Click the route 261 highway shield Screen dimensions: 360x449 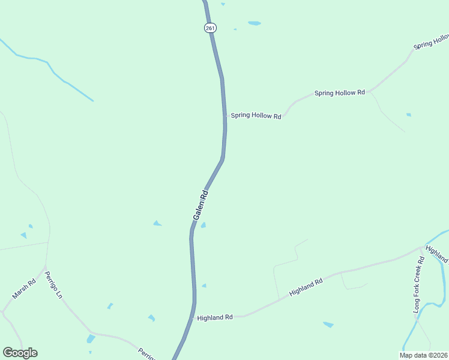tap(210, 28)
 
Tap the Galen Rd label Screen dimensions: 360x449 tap(200, 205)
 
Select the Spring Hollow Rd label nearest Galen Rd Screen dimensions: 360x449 tap(256, 116)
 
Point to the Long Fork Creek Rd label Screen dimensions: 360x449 tap(418, 284)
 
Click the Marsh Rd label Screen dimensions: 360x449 tap(25, 289)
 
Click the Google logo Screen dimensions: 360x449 tap(20, 353)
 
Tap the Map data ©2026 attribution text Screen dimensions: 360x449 tap(423, 355)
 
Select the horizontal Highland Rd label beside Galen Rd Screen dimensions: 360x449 tap(214, 317)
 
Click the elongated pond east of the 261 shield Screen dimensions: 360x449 tap(255, 23)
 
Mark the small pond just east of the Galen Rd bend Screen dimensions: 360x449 tap(203, 226)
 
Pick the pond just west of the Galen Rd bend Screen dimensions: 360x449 tap(157, 224)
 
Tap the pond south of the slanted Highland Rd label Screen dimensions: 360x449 tap(328, 325)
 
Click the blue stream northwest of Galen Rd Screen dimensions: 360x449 tap(54, 73)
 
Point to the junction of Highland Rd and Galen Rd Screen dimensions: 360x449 tap(194, 317)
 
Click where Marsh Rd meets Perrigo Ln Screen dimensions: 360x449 tap(45, 266)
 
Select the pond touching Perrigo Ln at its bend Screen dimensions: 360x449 tap(91, 339)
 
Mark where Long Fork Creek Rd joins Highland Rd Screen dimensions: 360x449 tap(423, 247)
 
